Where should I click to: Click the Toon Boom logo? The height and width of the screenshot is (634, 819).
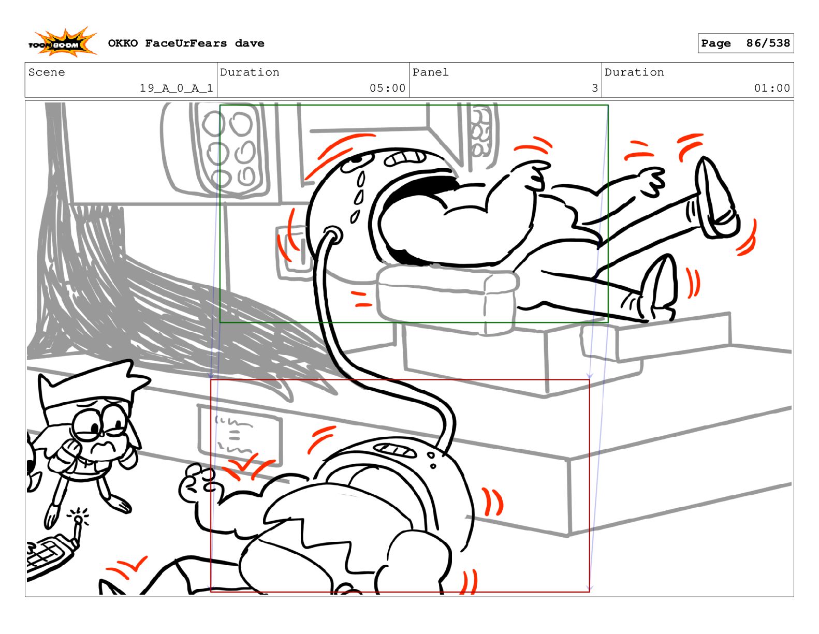point(62,42)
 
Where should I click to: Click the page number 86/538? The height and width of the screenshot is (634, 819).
point(768,43)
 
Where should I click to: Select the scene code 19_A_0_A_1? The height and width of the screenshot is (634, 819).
point(176,88)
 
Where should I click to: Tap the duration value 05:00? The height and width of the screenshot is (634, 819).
point(387,88)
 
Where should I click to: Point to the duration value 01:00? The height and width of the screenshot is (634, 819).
point(771,88)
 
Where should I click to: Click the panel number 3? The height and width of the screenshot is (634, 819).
point(594,88)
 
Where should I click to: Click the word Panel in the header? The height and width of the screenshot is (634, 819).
point(430,72)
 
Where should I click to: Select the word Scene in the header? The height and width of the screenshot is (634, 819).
point(47,72)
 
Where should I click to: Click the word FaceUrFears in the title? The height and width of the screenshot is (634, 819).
point(186,43)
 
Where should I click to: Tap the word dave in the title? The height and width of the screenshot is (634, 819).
point(249,43)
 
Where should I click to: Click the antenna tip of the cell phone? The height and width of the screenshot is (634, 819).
point(78,519)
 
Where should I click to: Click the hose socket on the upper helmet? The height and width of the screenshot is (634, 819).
point(332,235)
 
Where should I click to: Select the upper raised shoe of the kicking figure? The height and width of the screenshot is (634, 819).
point(715,197)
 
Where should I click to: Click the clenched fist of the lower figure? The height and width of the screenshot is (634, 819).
point(197,483)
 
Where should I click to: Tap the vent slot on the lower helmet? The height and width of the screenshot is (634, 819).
point(394,450)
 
